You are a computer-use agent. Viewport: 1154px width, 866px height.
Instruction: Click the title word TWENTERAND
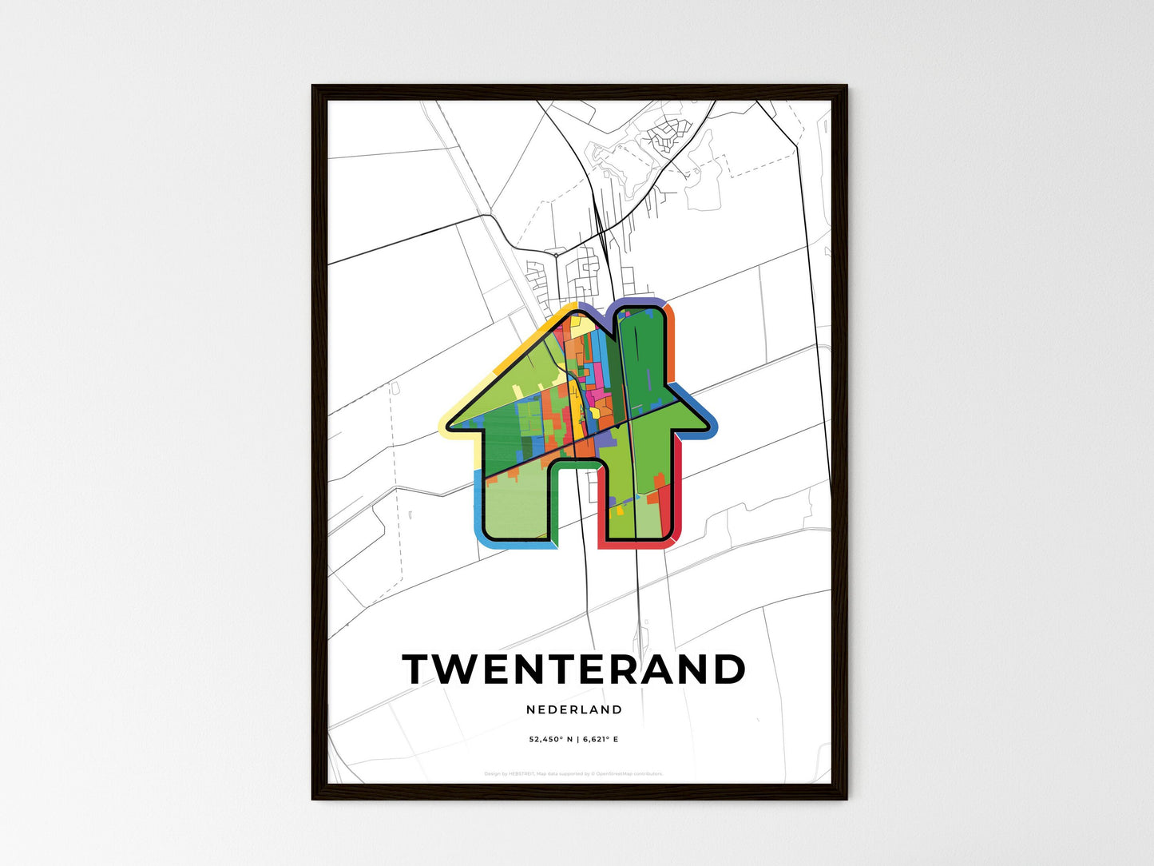point(573,669)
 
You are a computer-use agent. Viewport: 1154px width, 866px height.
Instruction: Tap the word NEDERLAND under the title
point(574,709)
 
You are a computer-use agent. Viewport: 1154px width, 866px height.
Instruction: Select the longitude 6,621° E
point(600,740)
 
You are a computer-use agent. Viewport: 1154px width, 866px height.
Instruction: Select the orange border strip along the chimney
point(672,344)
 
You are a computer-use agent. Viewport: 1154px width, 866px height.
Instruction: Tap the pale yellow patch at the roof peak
point(581,326)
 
